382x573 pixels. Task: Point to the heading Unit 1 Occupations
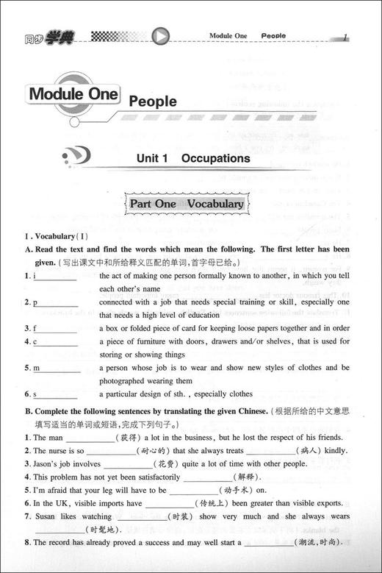click(193, 158)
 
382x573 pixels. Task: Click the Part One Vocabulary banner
click(187, 204)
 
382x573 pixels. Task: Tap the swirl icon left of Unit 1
click(76, 157)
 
